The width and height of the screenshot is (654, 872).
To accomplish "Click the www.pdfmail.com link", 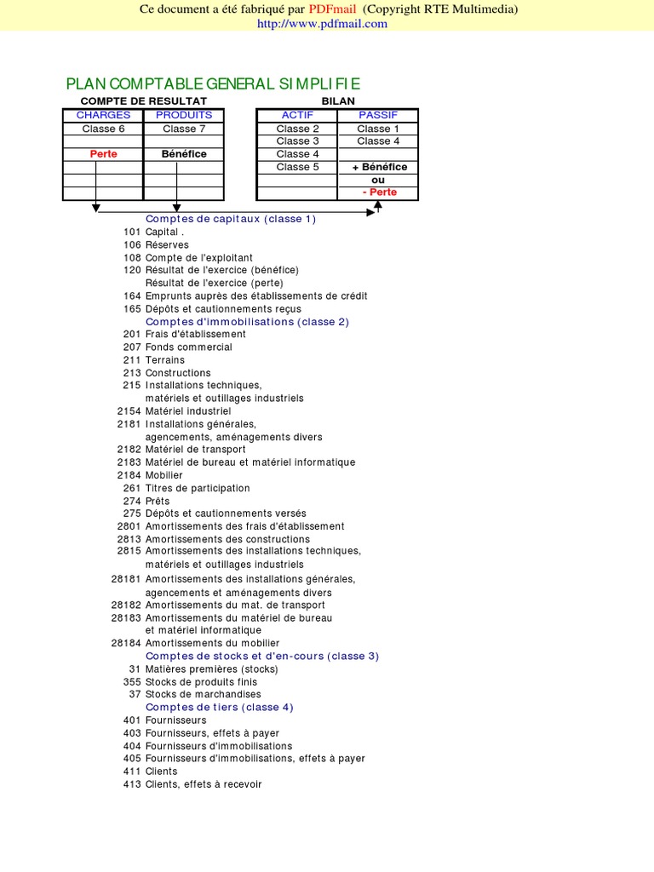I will pos(322,24).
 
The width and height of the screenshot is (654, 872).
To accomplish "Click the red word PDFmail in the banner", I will pos(334,9).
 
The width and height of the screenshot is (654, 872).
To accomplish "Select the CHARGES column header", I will pos(103,115).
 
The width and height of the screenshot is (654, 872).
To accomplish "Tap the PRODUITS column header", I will pos(184,115).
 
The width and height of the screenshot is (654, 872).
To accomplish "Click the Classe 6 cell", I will pos(103,129).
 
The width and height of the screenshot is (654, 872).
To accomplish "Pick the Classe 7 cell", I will pos(184,129).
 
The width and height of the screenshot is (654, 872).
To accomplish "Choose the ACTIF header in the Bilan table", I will pos(298,115).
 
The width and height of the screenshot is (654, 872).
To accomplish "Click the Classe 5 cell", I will pos(298,167).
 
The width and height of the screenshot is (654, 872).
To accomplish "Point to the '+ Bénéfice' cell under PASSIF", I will pos(379,167).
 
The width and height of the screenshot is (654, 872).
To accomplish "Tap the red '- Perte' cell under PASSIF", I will pos(379,192).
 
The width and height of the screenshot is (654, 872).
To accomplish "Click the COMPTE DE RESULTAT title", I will pos(144,101).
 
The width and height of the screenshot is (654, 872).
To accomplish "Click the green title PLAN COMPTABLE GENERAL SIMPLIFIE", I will pos(213,83).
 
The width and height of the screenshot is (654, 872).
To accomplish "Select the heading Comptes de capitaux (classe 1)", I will pos(231,219).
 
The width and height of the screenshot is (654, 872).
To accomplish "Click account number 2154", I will pos(129,411).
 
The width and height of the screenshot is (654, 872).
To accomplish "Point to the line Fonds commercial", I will pos(188,347).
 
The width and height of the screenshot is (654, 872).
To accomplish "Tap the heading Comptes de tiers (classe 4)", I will pos(219,707).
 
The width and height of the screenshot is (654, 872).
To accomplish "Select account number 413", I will pos(132,784).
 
